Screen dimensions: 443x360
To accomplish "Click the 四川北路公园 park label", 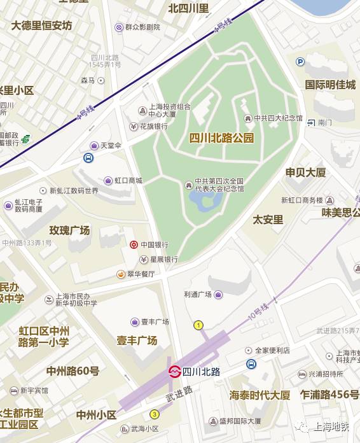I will click(x=221, y=137).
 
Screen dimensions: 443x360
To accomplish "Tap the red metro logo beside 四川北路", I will click(x=174, y=372).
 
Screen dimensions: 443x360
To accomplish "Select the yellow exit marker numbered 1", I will click(x=198, y=325).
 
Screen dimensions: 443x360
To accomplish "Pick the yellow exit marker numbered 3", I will click(x=155, y=414).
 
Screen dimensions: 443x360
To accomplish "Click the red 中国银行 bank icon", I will click(x=134, y=244).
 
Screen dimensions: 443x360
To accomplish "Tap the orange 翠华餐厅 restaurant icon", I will click(x=120, y=274).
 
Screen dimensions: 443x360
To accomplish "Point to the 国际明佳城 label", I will click(x=330, y=85).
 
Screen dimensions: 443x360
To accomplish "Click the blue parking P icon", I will click(x=300, y=62).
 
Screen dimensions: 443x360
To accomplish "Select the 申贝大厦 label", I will click(x=305, y=172).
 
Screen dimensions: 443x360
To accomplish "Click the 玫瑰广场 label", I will click(x=70, y=230).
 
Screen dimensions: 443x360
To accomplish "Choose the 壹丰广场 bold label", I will click(x=137, y=341).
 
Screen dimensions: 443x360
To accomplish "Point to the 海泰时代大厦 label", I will click(x=260, y=395).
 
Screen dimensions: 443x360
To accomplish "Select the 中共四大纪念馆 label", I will click(x=278, y=118).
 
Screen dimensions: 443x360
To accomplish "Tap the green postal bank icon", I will click(x=25, y=139).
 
